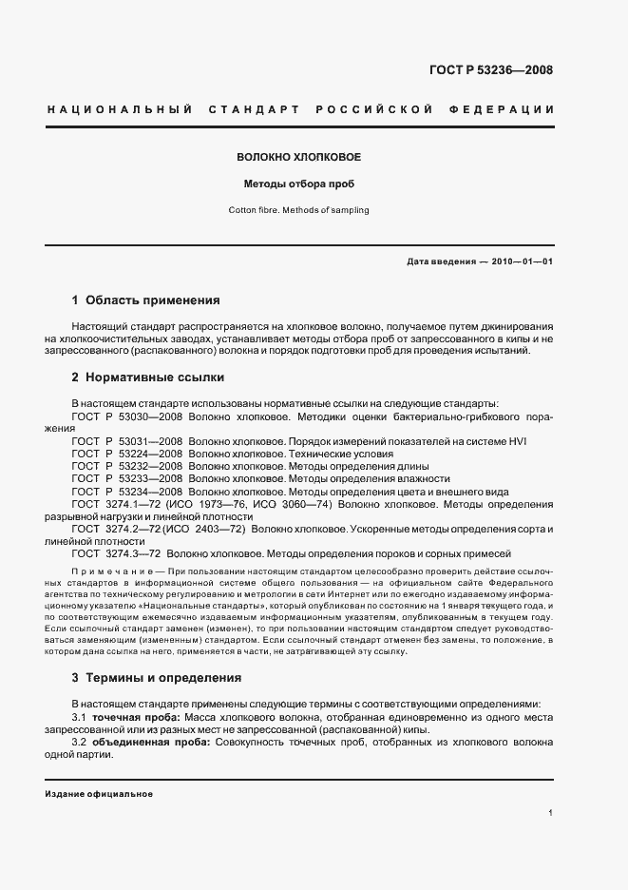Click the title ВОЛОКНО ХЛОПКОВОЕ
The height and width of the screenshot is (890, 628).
coord(297,156)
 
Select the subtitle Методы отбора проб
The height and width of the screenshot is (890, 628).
coord(298,184)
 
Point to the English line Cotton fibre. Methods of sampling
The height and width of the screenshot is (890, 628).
coord(298,210)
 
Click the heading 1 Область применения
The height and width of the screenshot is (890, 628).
coord(145,300)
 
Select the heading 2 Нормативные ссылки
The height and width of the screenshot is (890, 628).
coord(147,377)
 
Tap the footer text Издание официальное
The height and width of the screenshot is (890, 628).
coord(99,794)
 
